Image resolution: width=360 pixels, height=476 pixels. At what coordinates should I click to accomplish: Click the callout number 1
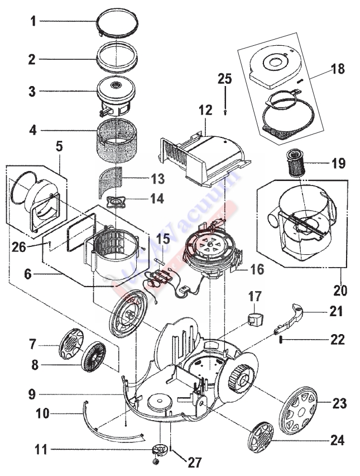[33, 22]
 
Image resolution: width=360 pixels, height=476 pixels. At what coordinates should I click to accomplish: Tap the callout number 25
[224, 79]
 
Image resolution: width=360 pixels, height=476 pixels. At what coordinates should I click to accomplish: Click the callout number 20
[340, 291]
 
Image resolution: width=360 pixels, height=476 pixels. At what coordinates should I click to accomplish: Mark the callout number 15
[162, 240]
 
